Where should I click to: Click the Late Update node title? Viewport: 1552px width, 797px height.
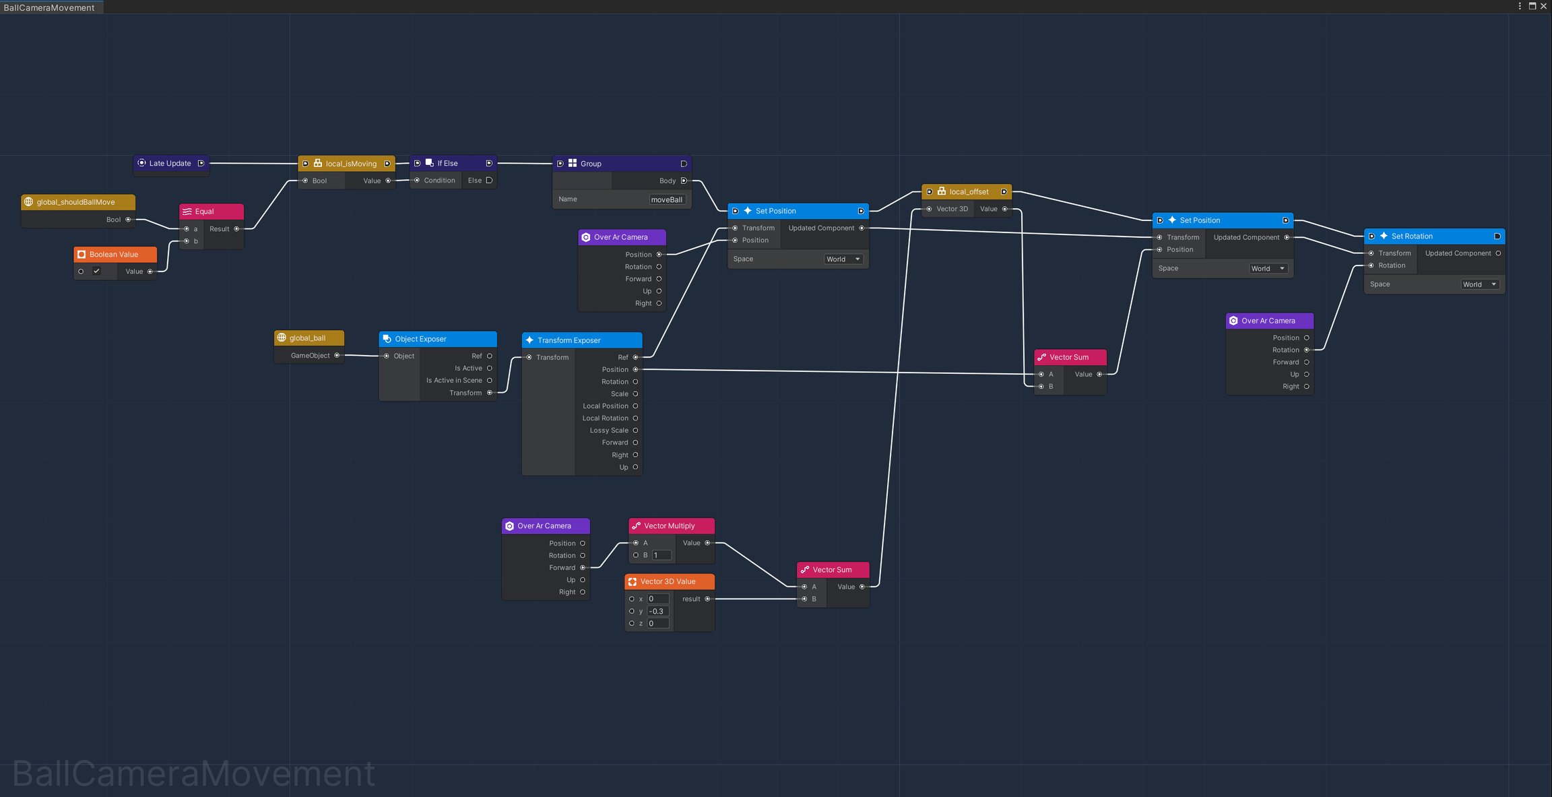(x=170, y=163)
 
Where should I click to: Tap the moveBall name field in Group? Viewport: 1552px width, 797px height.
(x=667, y=199)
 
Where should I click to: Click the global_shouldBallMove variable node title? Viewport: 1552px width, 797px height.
(x=75, y=202)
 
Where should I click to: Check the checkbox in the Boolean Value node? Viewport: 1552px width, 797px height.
(x=96, y=272)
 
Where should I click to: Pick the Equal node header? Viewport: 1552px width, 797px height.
(x=212, y=212)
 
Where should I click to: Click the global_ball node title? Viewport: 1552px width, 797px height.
(x=307, y=338)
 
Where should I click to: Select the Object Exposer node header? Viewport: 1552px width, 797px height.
(x=438, y=339)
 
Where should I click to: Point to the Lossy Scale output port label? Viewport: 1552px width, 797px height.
(x=609, y=431)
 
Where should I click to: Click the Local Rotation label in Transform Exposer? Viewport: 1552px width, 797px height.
(x=605, y=418)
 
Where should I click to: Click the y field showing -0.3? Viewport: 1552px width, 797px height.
(x=658, y=612)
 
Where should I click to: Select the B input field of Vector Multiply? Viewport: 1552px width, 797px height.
(x=661, y=555)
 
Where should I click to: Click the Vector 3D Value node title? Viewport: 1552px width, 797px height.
(x=668, y=581)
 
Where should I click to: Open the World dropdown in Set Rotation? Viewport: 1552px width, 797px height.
(x=1480, y=284)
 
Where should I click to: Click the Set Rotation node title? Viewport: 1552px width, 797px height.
(x=1412, y=236)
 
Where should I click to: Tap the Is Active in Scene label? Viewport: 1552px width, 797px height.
(x=454, y=381)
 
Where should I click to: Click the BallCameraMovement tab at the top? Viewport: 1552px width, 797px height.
(x=49, y=7)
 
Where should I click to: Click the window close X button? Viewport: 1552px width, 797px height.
(x=1543, y=6)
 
